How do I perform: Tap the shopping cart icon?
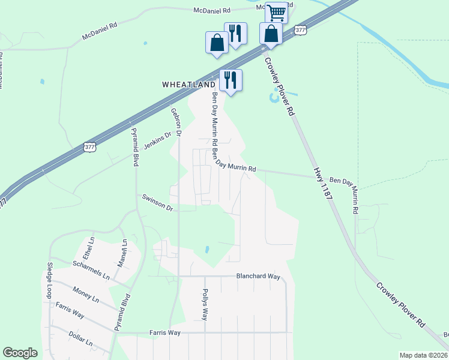(276, 12)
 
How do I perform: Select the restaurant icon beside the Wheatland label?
(231, 80)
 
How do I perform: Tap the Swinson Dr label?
(157, 202)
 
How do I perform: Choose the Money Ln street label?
(86, 295)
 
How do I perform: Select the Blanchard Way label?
(258, 277)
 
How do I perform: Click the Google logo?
(20, 353)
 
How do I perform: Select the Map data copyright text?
(423, 355)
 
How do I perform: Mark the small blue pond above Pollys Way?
(207, 248)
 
